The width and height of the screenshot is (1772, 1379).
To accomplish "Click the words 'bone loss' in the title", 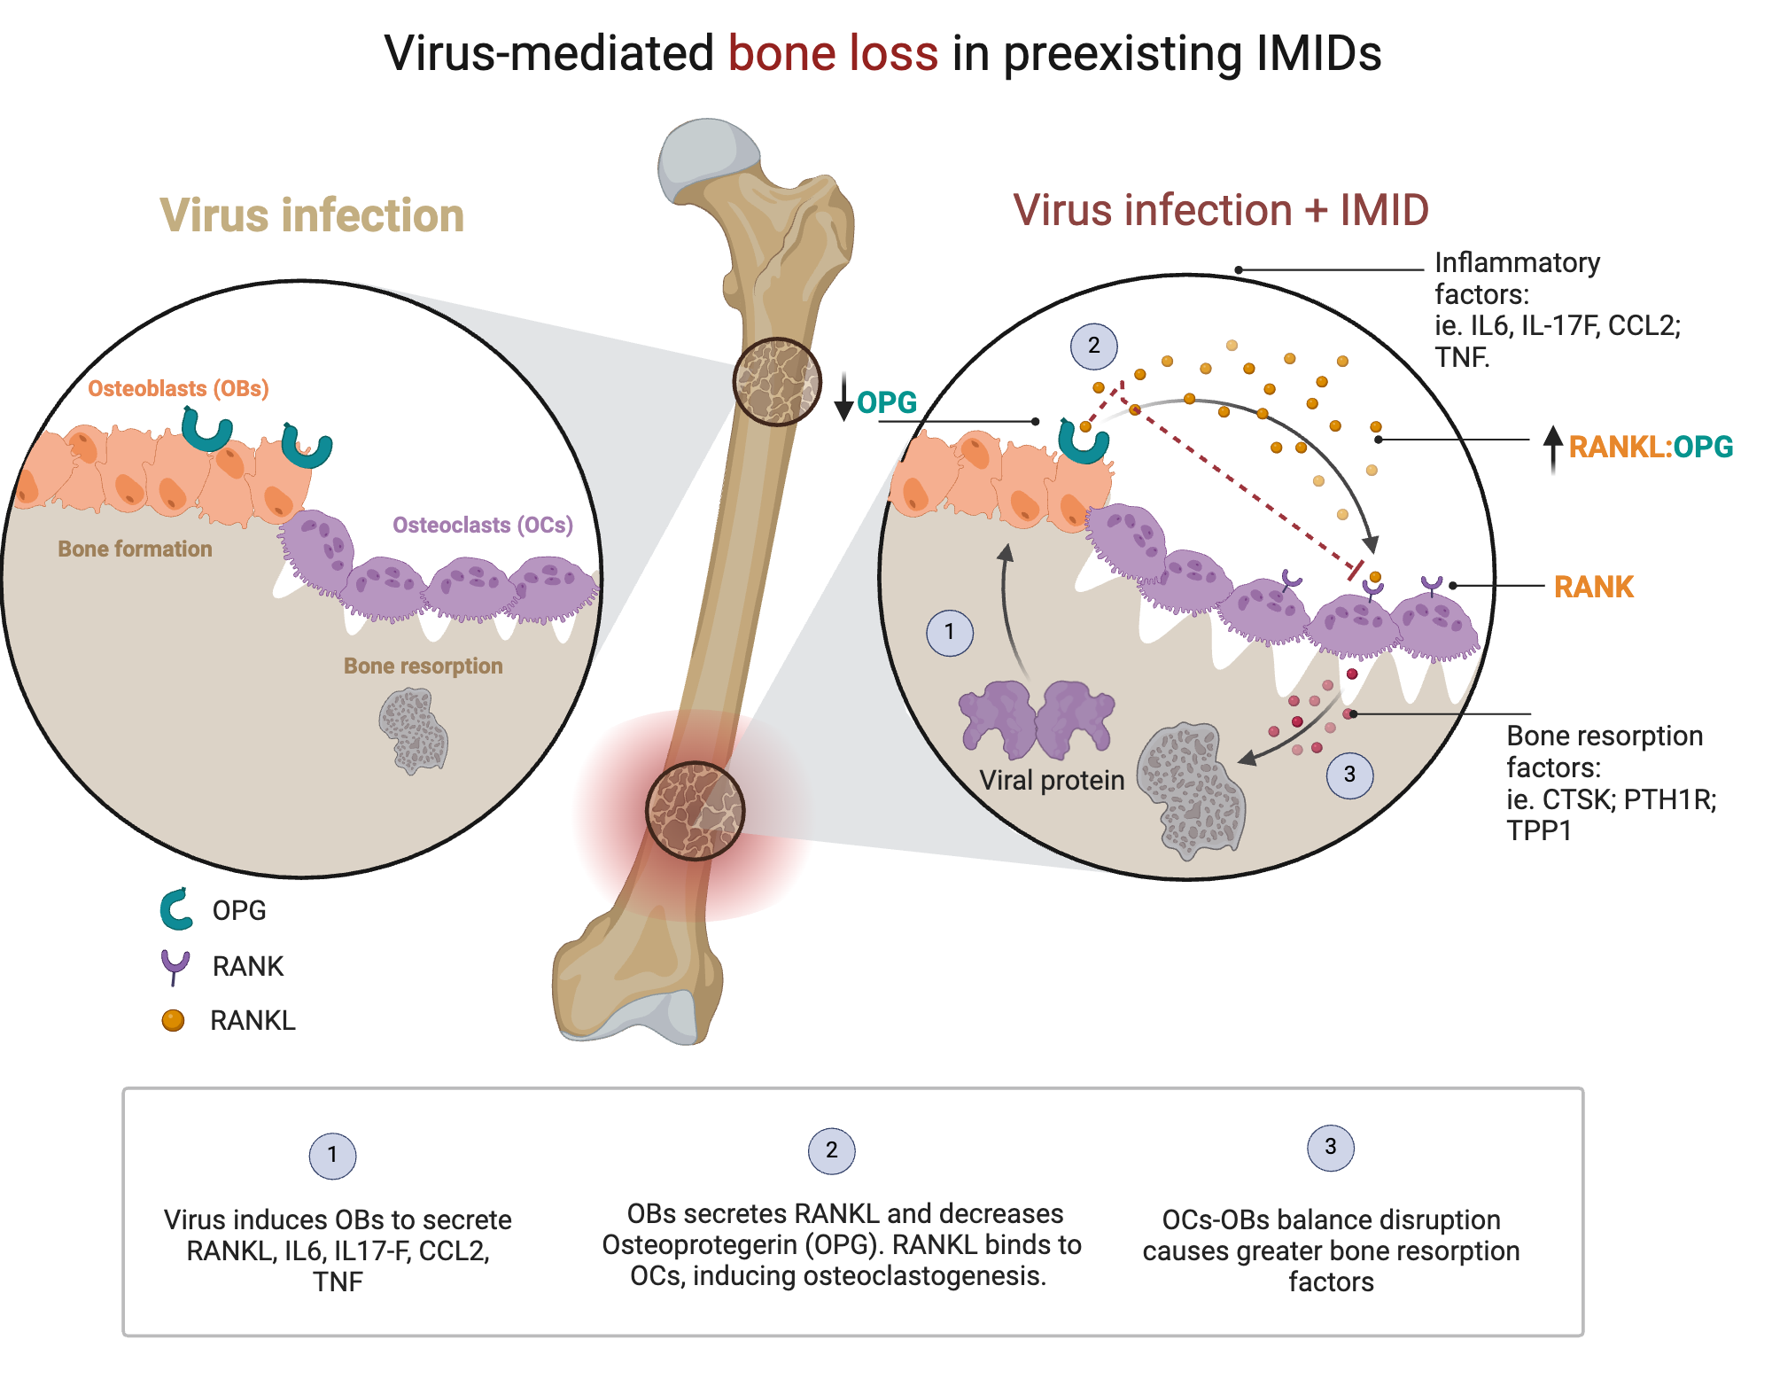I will pos(832,53).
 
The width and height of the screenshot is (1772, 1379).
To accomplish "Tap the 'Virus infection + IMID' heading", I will pos(1220,211).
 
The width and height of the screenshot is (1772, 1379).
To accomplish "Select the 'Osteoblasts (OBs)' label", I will pos(178,388).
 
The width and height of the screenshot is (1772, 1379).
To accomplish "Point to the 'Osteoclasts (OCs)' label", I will pos(482,525).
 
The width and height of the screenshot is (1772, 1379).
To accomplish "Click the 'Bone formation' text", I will pos(135,549).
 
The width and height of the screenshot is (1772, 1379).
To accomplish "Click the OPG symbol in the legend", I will pos(176,909).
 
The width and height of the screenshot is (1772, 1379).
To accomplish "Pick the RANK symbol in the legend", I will pos(175,966).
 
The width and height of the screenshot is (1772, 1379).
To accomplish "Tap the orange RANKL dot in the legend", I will pos(173,1021).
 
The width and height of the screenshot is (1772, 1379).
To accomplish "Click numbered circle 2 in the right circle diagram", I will pos(1093,346).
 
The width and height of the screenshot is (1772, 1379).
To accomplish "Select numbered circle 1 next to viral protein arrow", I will pos(949,632).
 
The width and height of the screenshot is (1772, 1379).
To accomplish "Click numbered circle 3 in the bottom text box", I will pos(1330,1147).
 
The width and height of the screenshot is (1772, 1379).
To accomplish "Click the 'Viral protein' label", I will pos(1051,780).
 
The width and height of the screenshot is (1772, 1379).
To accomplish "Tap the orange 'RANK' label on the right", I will pos(1593,587).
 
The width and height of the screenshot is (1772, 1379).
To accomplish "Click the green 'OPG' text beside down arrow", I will pos(886,402).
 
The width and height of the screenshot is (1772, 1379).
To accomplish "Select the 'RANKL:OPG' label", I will pos(1650,447).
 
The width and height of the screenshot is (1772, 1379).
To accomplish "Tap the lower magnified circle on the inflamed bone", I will pos(695,811).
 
